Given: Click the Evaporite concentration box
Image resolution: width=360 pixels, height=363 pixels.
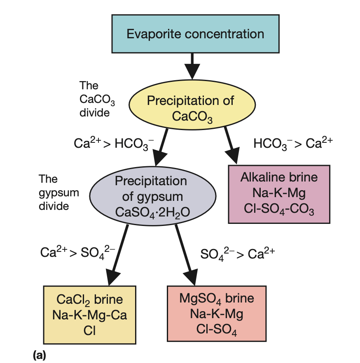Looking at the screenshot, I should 195,34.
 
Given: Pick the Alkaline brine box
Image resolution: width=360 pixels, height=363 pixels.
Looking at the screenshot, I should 279,194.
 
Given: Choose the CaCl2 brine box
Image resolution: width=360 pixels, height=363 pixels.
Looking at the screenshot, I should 89,314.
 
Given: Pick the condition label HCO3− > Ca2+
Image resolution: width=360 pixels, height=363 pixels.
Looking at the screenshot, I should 293,143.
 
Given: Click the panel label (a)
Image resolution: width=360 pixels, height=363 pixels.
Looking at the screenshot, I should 40,354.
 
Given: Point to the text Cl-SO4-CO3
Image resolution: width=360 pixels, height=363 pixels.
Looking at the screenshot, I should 279,211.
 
